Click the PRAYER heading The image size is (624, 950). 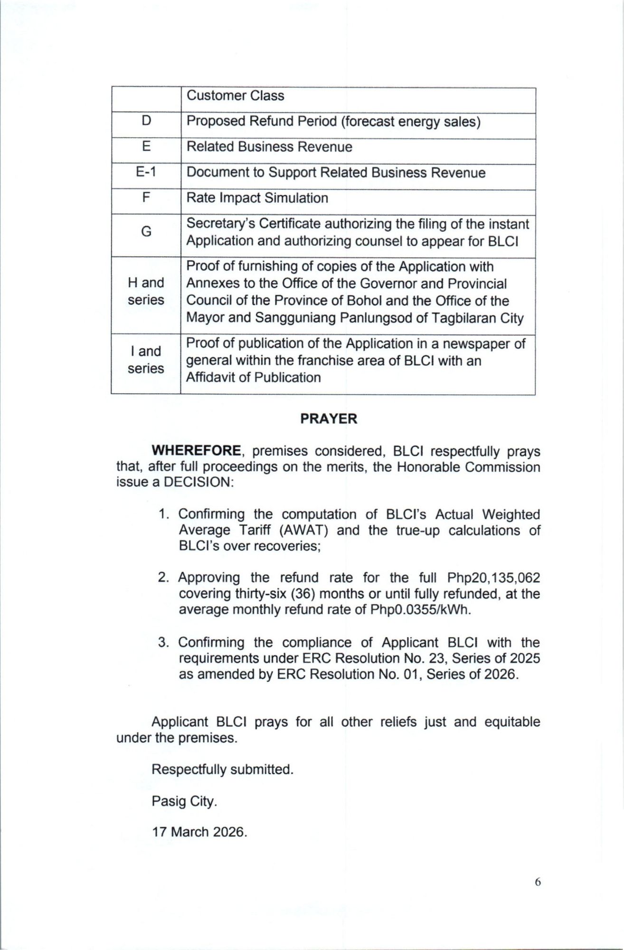pos(329,419)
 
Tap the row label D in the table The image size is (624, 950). pos(146,121)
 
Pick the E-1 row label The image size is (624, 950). pos(146,172)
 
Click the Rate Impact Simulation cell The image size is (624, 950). pos(257,198)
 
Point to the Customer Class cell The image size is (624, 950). pos(235,95)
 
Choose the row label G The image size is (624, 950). pos(146,232)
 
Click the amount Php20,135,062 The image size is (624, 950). pos(493,578)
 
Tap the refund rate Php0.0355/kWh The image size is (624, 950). pos(420,610)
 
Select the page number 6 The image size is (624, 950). pos(538,882)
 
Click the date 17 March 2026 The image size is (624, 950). pos(199,832)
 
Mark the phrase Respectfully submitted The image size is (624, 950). pos(222,769)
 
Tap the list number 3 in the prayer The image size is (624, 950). pos(163,643)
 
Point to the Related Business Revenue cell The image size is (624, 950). pos(269,147)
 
